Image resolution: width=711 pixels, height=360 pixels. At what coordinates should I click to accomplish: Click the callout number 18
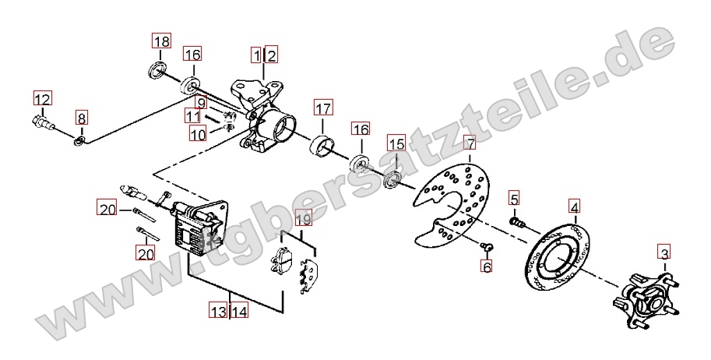(161, 41)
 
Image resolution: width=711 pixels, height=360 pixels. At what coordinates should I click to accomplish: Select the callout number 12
(42, 98)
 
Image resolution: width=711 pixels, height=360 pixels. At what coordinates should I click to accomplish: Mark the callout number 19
(304, 219)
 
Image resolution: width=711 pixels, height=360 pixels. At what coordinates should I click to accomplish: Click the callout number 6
(487, 266)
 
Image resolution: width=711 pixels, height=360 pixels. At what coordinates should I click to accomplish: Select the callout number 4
(575, 207)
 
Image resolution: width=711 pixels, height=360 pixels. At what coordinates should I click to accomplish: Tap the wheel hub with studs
(646, 301)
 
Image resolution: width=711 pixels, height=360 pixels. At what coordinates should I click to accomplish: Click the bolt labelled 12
(43, 122)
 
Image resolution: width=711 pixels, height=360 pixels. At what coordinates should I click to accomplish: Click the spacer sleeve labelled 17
(322, 146)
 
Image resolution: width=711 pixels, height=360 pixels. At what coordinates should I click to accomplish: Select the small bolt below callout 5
(517, 222)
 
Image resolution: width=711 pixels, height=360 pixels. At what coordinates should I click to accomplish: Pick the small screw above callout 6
(487, 246)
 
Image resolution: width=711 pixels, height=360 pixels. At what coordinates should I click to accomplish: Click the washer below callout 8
(79, 142)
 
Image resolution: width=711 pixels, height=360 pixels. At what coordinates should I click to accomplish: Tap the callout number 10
(198, 134)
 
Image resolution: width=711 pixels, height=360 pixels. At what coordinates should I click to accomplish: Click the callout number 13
(219, 312)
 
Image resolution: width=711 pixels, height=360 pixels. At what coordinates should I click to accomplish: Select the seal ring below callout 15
(392, 179)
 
